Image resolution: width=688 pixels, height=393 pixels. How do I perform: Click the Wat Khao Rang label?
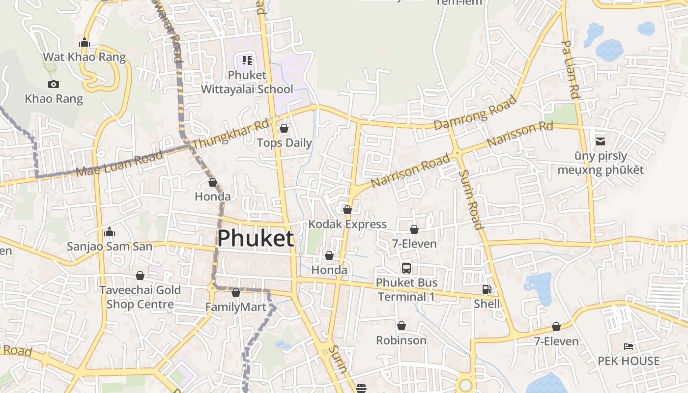85,57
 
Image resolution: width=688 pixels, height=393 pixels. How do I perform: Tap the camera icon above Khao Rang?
54,84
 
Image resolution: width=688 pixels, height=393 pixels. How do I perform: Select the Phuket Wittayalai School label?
247,82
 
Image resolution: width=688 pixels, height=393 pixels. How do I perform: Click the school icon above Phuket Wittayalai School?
247,60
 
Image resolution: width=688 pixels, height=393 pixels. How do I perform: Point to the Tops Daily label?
285,143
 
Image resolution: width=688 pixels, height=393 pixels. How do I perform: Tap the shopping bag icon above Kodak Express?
347,210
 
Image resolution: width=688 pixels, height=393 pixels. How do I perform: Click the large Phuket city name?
256,239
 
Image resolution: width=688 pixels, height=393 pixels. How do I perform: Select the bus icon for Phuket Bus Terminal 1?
406,268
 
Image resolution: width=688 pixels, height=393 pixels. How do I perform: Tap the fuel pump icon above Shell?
487,290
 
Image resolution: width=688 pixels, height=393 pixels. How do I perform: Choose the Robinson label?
401,340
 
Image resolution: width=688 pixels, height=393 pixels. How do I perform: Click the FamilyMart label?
236,308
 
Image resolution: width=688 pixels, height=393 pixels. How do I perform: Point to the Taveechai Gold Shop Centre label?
140,297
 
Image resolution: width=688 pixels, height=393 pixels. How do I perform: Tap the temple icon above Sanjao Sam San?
110,232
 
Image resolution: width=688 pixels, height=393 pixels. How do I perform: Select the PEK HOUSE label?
629,361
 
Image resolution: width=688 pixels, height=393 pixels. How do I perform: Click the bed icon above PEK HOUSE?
629,346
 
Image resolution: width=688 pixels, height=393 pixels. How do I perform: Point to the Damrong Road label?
475,112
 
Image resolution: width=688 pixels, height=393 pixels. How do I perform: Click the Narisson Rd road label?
520,134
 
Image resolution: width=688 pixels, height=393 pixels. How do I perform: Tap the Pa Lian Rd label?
571,69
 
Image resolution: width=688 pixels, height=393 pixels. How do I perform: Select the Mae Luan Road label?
120,164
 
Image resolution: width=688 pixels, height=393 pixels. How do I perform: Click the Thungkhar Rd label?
231,133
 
